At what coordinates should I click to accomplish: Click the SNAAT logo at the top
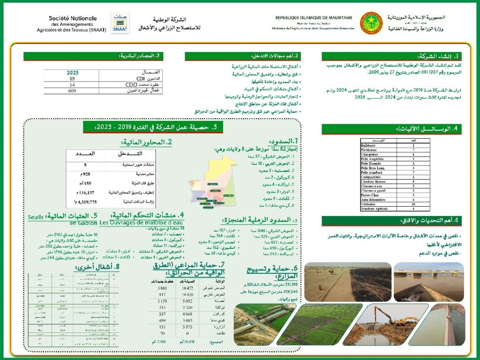[x=120, y=23]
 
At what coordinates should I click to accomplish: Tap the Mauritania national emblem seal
[x=371, y=22]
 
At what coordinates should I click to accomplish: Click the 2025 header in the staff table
[x=73, y=73]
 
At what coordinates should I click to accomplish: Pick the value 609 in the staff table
[x=72, y=91]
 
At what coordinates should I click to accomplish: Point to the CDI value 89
[x=72, y=79]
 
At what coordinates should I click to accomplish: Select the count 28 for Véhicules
[x=413, y=204]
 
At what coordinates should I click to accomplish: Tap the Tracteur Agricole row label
[x=375, y=209]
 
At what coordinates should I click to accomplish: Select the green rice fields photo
[x=319, y=323]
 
